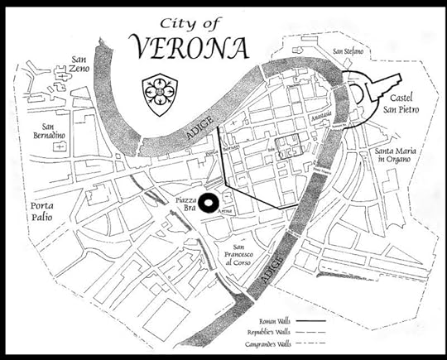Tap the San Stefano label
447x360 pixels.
(348, 52)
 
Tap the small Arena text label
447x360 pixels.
(224, 213)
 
